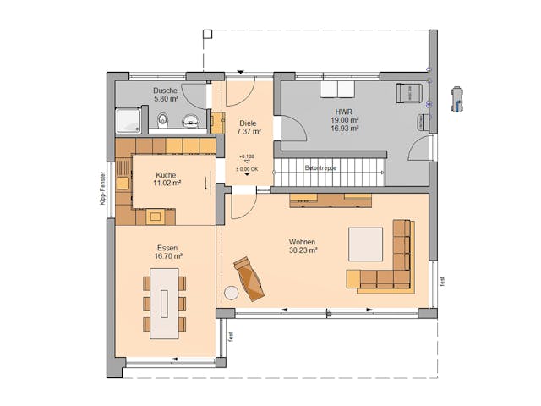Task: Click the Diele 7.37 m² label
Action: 249,127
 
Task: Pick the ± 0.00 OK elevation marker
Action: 247,169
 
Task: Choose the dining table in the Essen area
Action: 165,303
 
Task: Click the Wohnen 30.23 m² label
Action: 301,245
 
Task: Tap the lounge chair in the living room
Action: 249,278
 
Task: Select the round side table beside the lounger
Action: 231,294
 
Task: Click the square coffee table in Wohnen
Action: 365,244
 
